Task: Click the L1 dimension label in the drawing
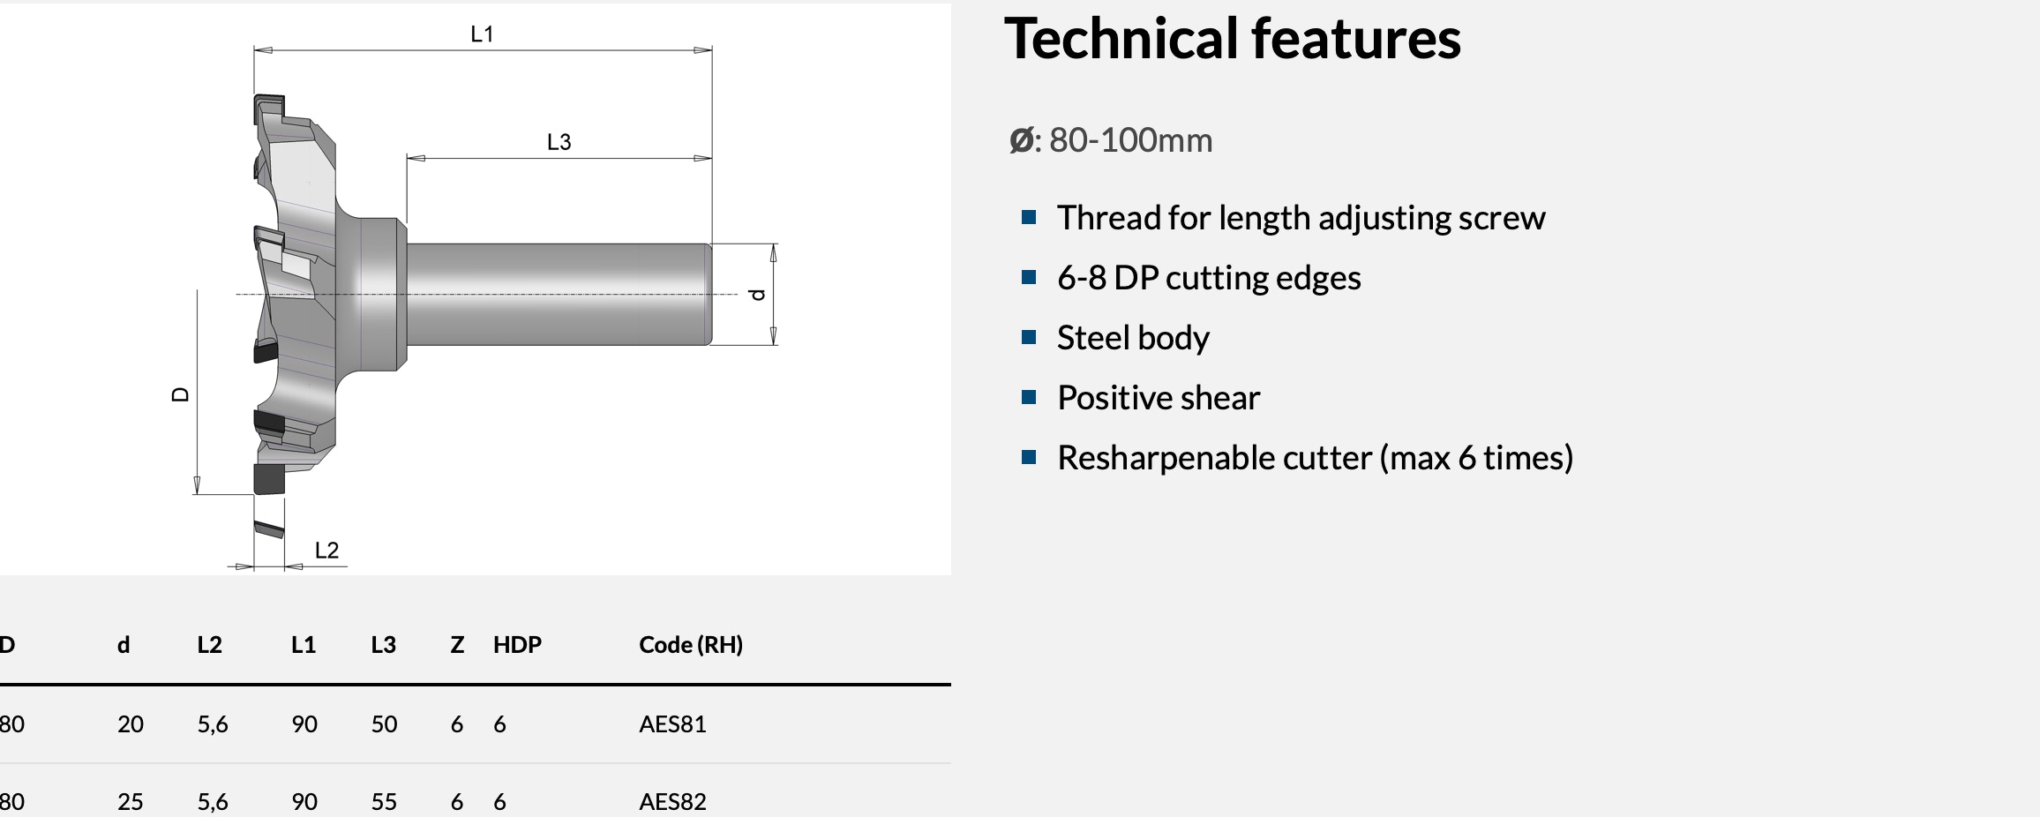click(x=482, y=34)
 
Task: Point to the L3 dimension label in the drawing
click(x=559, y=142)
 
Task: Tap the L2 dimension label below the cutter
click(x=327, y=551)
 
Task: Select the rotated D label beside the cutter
click(x=180, y=394)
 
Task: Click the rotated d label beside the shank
click(x=757, y=295)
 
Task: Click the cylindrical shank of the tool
click(x=558, y=294)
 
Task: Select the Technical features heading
click(x=1233, y=39)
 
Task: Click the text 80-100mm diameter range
click(x=1130, y=140)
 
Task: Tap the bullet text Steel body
click(x=1133, y=338)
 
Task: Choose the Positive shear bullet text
click(x=1159, y=398)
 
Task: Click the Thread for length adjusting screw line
click(x=1301, y=218)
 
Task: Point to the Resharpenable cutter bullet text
click(x=1316, y=458)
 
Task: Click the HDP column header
click(x=517, y=645)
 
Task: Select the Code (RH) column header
click(x=691, y=645)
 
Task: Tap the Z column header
click(x=457, y=645)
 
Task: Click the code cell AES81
click(x=672, y=724)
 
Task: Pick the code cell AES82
click(x=672, y=802)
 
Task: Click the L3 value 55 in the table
click(x=384, y=802)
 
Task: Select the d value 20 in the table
click(x=131, y=724)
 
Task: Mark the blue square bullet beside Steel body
click(x=1028, y=337)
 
